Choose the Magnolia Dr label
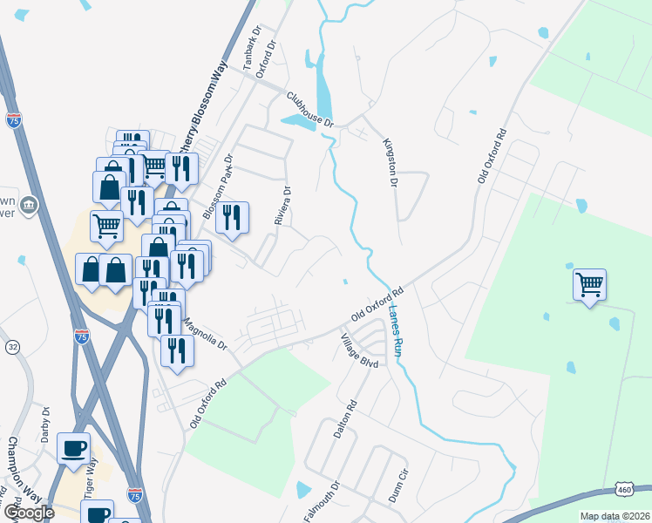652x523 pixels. tap(203, 333)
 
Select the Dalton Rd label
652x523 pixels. tap(345, 418)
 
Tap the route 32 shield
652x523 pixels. tap(12, 347)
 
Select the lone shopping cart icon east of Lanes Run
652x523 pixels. tap(589, 282)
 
